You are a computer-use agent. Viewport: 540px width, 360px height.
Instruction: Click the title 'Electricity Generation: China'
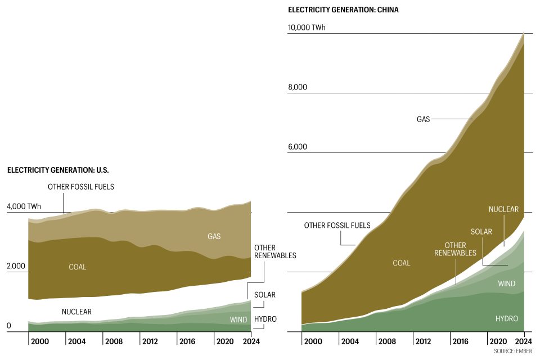[343, 10]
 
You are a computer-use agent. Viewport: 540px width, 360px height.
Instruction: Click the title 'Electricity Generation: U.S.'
[58, 169]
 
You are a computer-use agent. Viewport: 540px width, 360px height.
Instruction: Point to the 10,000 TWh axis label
[307, 28]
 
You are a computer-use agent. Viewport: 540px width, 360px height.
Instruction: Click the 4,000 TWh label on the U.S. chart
[24, 206]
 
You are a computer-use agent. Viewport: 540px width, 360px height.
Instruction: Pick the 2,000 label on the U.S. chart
[16, 266]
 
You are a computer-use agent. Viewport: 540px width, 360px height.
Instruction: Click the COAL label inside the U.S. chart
[78, 267]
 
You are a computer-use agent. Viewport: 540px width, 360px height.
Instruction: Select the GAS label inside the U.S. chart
[214, 236]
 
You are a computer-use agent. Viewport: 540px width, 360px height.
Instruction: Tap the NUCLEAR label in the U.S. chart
[76, 312]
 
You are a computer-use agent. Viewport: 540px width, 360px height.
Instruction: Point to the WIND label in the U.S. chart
[238, 319]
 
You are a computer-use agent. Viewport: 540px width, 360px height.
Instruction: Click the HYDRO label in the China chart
[507, 319]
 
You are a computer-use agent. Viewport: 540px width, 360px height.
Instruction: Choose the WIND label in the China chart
[506, 283]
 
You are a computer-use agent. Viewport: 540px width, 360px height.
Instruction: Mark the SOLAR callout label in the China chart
[481, 232]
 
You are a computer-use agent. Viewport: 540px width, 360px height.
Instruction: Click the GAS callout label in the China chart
[423, 119]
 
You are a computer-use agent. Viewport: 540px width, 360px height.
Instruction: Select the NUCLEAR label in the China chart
[503, 209]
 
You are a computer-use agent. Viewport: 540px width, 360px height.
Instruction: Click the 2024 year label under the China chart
[523, 341]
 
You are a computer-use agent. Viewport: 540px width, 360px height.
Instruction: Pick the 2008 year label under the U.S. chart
[114, 341]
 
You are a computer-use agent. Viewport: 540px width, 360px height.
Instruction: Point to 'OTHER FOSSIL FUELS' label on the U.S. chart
[80, 187]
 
